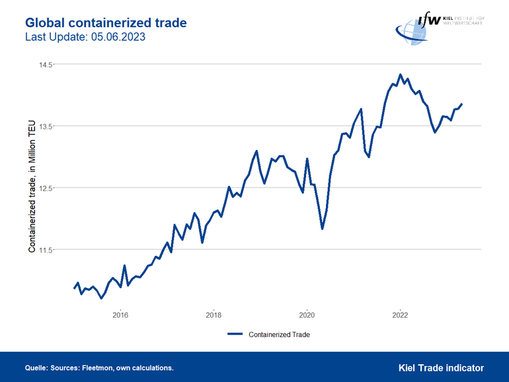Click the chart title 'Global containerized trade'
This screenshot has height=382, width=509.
(x=106, y=22)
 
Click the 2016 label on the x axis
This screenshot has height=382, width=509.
(x=120, y=314)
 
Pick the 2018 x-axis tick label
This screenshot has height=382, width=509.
(x=214, y=314)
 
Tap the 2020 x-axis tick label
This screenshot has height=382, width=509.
(x=307, y=314)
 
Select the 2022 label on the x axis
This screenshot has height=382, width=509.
(x=400, y=314)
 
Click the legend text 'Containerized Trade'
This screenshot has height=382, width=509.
(x=279, y=334)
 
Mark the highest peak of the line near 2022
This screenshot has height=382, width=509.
(x=400, y=75)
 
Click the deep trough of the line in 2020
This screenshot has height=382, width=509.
(x=322, y=228)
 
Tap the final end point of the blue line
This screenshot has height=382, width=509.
(x=461, y=104)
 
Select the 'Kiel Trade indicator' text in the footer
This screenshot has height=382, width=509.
(x=441, y=367)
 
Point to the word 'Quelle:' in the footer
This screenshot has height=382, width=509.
(x=36, y=368)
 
